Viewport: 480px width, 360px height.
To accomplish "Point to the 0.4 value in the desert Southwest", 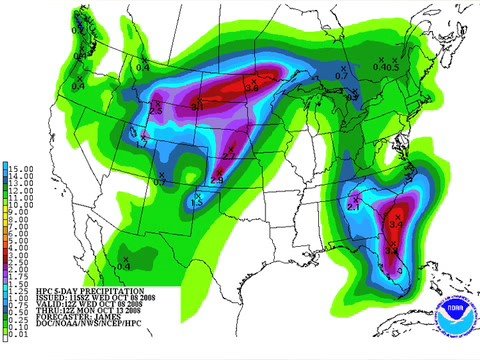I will point(124,265).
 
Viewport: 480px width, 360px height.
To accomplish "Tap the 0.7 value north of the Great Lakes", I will point(340,76).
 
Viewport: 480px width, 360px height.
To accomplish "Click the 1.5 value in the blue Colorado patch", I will point(198,203).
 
